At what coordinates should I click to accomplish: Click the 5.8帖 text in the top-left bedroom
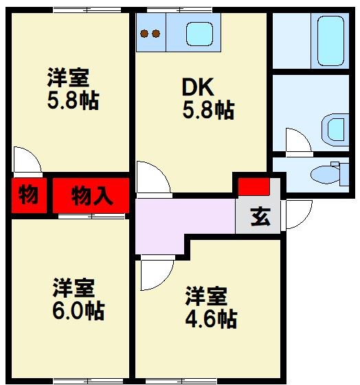73,101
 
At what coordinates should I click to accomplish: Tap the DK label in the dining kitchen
198,87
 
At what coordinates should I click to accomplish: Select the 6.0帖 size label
79,311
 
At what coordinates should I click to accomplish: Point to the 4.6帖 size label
212,319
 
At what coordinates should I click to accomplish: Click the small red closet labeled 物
28,196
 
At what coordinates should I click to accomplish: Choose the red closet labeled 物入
91,196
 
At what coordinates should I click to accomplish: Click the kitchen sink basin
201,32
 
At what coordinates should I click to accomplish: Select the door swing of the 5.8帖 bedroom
26,159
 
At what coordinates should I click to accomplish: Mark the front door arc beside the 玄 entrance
298,214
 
